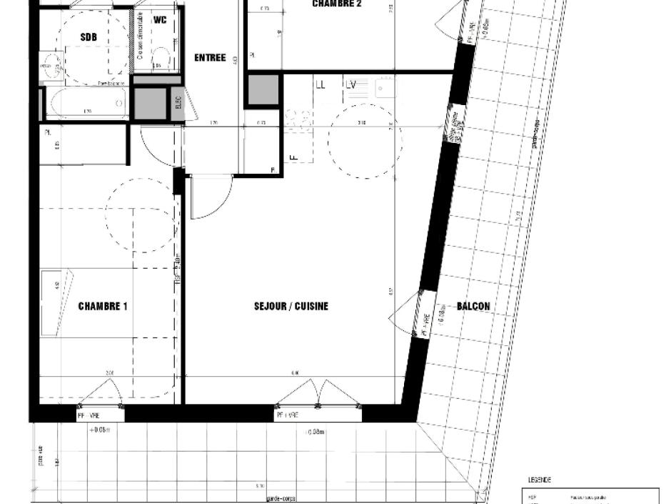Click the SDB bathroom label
pos(89,37)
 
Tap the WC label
pos(160,20)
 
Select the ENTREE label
pos(210,58)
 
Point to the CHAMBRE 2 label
pos(337,4)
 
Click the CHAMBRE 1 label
pos(103,307)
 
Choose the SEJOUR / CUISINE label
pos(291,306)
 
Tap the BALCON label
pos(473,306)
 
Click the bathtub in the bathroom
pos(86,103)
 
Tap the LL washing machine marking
pos(321,84)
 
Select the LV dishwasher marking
pos(351,84)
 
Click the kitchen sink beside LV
pos(384,88)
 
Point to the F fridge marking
pos(292,157)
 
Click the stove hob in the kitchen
pos(295,118)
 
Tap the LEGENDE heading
pos(539,480)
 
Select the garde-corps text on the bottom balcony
pos(281,498)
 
